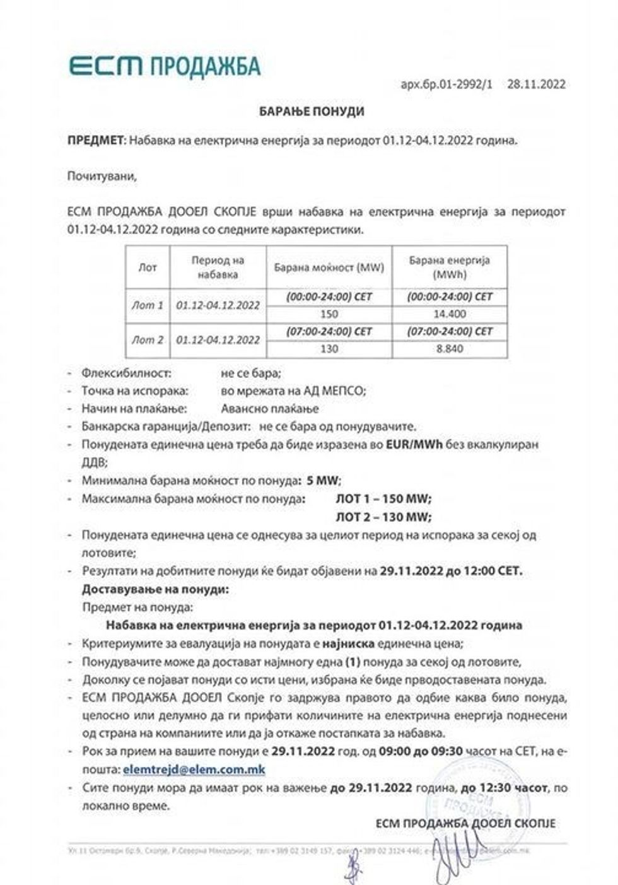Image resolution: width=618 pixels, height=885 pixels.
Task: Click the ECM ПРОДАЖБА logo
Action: [x=164, y=66]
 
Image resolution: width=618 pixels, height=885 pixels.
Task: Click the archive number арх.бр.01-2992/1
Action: [x=446, y=84]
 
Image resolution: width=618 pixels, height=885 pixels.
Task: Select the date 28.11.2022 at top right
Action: [x=536, y=84]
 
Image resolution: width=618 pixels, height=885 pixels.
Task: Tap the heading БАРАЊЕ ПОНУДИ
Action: [x=312, y=112]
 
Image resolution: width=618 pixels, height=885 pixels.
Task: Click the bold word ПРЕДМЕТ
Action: [x=96, y=141]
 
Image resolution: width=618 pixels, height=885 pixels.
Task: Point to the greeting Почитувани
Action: [x=102, y=176]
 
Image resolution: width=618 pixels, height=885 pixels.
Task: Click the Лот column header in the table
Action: [x=148, y=267]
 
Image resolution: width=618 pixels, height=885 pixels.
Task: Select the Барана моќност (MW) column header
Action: [x=329, y=267]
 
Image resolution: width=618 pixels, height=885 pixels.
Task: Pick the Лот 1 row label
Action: [x=148, y=305]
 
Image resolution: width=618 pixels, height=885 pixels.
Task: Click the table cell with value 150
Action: [x=329, y=314]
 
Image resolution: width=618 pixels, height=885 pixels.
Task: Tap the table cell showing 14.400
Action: [x=450, y=314]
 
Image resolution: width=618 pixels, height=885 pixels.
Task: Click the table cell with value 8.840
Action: [x=450, y=349]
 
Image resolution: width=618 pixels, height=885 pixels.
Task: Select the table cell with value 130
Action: [x=329, y=349]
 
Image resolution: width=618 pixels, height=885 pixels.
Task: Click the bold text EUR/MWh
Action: [x=414, y=444]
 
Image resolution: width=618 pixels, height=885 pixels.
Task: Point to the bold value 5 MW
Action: [x=323, y=480]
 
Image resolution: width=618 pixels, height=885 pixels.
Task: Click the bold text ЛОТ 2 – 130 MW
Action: [x=383, y=517]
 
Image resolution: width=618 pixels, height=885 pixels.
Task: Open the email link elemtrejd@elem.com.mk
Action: [x=194, y=770]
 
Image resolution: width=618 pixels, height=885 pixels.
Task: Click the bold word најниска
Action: [x=348, y=644]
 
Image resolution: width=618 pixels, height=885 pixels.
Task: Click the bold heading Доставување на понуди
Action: [x=155, y=590]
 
